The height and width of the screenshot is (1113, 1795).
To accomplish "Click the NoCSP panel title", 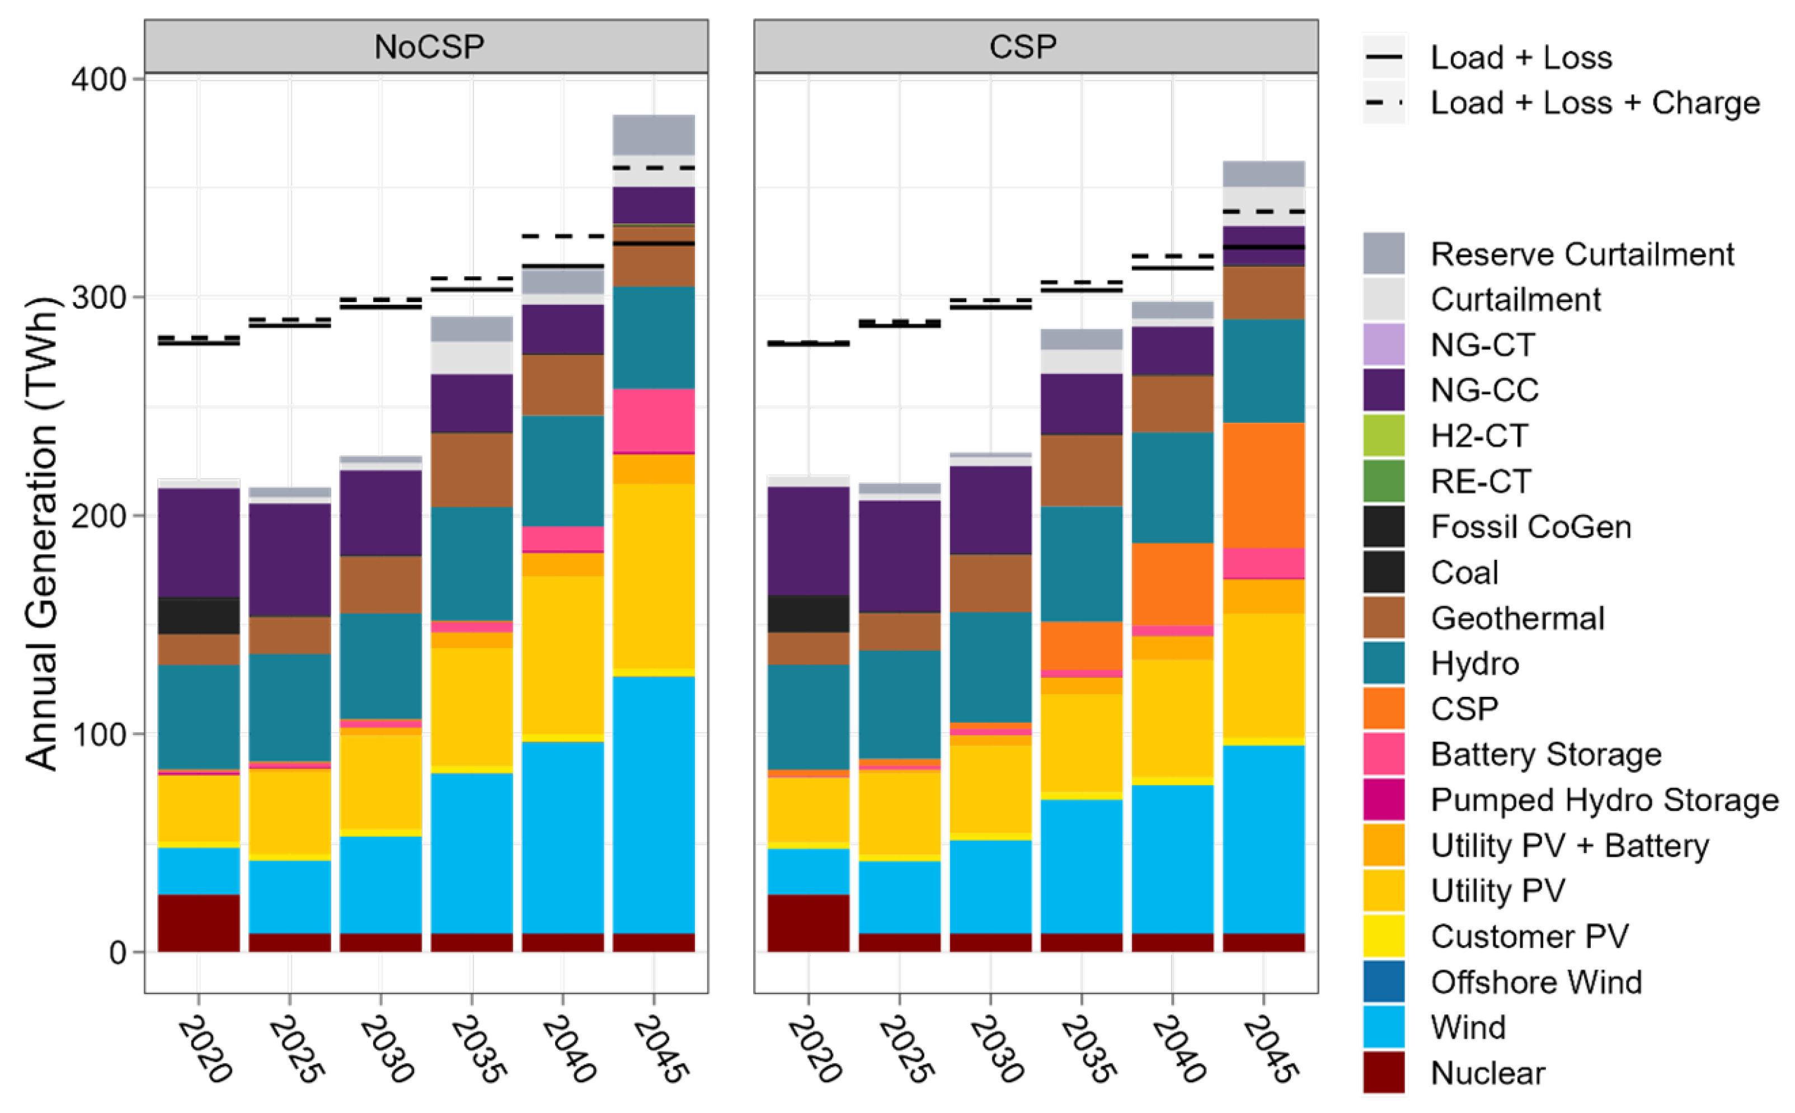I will coord(429,47).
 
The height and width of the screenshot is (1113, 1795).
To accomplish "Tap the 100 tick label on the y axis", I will coord(98,734).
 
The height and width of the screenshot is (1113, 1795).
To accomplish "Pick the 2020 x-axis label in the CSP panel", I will coord(814,1048).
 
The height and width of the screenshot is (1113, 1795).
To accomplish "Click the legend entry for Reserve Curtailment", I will coord(1581,254).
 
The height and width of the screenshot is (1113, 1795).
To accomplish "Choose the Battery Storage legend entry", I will coord(1545,754).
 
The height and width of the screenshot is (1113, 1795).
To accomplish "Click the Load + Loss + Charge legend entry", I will coord(1594,103).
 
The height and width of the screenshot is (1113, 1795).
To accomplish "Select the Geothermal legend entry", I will coord(1517,619).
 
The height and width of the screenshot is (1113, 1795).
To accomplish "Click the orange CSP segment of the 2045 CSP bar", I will coord(1263,486).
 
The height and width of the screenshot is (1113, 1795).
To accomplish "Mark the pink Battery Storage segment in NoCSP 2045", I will coord(654,419).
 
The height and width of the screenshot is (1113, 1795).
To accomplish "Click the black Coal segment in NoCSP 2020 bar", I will coord(199,615).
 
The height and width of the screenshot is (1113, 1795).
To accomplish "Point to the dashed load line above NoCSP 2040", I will coord(563,236).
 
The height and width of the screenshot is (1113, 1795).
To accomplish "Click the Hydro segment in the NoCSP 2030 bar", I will coord(380,666).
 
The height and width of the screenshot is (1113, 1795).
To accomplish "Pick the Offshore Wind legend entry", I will coord(1535,982).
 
